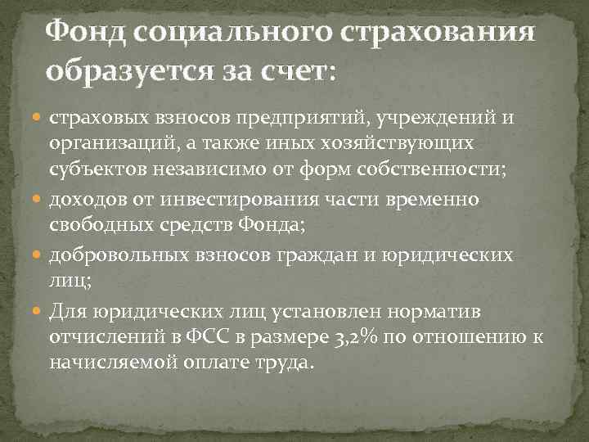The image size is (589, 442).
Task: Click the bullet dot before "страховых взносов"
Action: (x=38, y=119)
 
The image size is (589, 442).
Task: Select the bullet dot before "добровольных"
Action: (x=38, y=255)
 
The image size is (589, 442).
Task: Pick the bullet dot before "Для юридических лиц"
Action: (x=38, y=310)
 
